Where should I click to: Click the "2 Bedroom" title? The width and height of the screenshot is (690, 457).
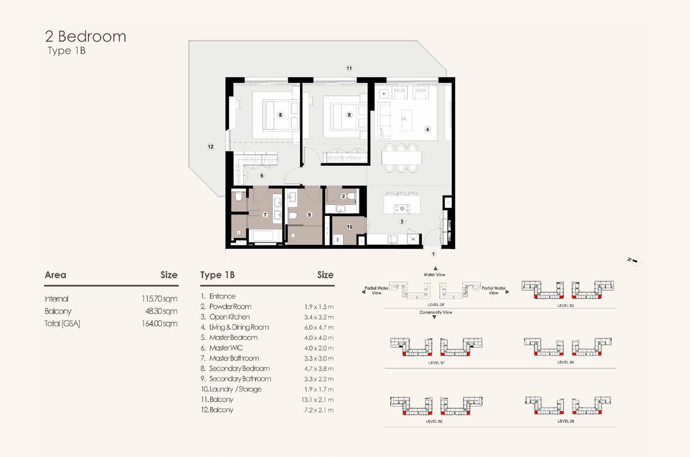86,36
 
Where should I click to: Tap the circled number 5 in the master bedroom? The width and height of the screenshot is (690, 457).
280,115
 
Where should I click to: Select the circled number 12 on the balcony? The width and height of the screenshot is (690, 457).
211,147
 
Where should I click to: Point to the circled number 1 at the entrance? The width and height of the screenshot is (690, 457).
434,254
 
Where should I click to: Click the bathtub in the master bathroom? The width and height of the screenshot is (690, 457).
265,236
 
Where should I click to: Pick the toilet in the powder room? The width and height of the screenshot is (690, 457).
351,196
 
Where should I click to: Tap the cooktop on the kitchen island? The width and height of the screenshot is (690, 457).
402,209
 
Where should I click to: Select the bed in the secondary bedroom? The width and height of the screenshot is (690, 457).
346,116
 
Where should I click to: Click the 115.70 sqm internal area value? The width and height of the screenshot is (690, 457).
159,298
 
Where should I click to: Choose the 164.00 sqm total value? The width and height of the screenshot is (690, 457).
159,323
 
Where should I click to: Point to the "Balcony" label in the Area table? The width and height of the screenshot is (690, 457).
58,311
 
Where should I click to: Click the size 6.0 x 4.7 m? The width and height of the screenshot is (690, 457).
319,327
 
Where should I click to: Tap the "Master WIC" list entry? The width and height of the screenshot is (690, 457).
226,348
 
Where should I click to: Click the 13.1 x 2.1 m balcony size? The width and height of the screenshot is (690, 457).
317,400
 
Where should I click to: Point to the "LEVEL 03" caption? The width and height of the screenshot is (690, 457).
566,306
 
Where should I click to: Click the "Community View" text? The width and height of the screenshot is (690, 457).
436,312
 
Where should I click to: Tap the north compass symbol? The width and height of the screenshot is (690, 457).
635,261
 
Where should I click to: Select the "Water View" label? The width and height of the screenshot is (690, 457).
434,274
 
